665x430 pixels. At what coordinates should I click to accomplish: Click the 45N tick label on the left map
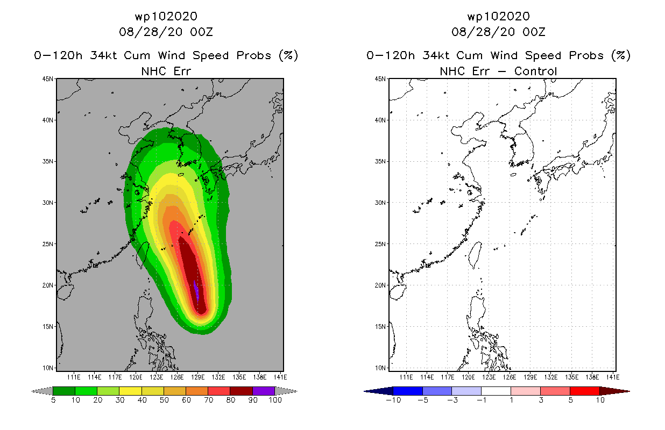(x=47, y=79)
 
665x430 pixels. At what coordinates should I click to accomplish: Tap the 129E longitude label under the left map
(x=197, y=377)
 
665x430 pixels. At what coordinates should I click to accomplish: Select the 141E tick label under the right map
(x=613, y=377)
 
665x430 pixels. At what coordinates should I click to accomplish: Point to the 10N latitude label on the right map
(x=380, y=368)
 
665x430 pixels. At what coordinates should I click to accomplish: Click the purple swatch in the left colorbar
(x=264, y=391)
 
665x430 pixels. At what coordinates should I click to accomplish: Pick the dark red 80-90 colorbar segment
(x=242, y=391)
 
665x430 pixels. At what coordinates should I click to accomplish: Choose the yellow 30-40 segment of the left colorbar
(x=131, y=391)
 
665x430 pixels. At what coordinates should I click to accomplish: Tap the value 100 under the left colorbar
(x=275, y=400)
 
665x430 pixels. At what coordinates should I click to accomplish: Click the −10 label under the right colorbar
(x=393, y=400)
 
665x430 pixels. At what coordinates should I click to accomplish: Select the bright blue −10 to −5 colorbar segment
(x=408, y=391)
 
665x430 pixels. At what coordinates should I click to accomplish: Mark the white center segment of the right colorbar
(x=496, y=391)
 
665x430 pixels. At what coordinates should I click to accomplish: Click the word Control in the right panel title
(x=535, y=71)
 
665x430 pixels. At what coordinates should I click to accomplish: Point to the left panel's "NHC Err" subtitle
(x=166, y=71)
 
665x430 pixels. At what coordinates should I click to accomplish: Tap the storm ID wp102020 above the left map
(x=166, y=16)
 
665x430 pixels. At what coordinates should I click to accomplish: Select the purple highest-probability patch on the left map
(x=196, y=291)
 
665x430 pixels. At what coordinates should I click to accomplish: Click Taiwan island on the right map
(x=475, y=254)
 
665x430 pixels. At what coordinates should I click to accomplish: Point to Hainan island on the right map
(x=398, y=292)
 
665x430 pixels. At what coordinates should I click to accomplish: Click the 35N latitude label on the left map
(x=47, y=161)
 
